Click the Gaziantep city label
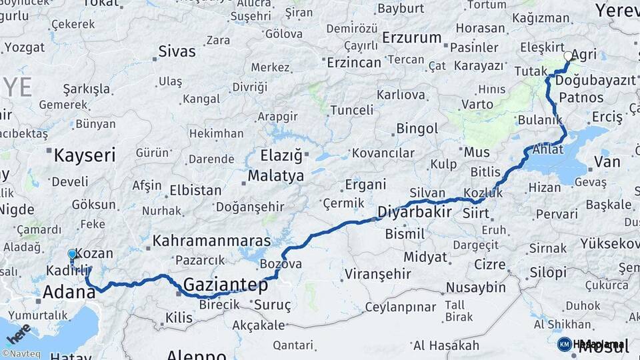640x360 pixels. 225,285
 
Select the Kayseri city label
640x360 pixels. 84,156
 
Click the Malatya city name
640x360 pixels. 276,177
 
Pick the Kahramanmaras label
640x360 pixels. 211,240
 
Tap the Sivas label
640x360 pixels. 177,51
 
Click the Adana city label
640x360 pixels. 69,292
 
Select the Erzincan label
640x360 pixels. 354,62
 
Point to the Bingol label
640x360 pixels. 417,129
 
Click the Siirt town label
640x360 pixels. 475,214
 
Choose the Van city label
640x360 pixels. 607,162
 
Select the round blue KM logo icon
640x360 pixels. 564,344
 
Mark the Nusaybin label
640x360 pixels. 476,287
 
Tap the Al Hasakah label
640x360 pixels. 446,345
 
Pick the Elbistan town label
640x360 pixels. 195,190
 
